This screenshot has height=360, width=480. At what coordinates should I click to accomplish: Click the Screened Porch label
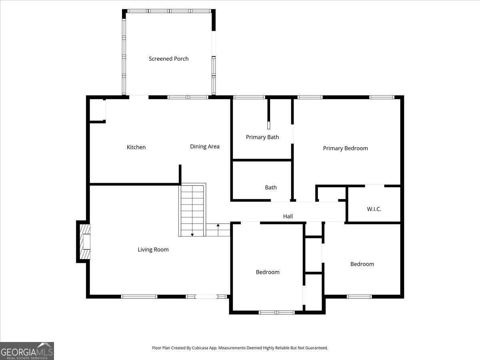(168, 59)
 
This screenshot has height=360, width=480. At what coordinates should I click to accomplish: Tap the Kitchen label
(136, 147)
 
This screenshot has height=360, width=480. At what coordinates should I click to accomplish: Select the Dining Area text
(204, 146)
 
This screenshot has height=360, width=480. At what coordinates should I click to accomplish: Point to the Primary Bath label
(262, 137)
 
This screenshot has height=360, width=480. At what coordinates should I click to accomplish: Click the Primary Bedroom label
(345, 148)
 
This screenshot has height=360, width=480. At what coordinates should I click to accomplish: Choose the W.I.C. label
(374, 209)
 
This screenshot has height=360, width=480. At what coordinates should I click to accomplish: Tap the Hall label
(288, 216)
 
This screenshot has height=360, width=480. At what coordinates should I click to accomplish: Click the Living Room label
(153, 250)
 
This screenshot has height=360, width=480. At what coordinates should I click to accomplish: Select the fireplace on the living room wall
(84, 242)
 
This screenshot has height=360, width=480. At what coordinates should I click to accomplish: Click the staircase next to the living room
(192, 210)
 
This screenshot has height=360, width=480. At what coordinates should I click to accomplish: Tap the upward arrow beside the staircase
(218, 226)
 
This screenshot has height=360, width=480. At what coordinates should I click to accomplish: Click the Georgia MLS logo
(27, 351)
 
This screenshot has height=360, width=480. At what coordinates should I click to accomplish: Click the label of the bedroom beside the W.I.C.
(362, 264)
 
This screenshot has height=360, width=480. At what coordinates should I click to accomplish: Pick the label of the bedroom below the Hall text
(268, 272)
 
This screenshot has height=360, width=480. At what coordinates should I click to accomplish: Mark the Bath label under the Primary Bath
(270, 188)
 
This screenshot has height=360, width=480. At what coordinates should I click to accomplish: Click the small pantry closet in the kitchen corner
(97, 110)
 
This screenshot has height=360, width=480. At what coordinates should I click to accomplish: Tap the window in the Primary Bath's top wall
(249, 97)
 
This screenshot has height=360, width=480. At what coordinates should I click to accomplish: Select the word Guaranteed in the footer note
(315, 348)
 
